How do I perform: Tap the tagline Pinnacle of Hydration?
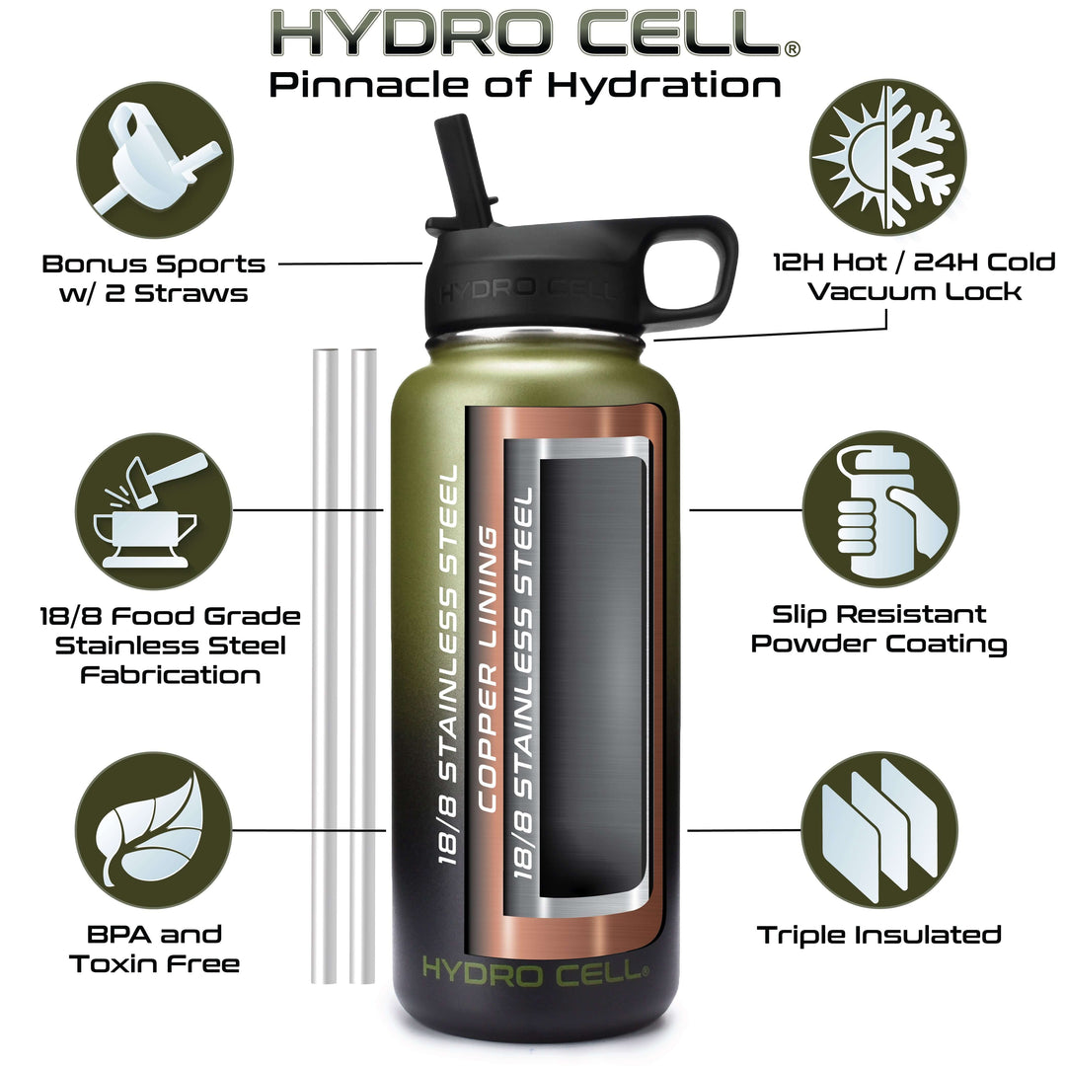point(525,86)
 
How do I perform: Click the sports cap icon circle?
point(155,160)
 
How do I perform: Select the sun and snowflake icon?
point(888,158)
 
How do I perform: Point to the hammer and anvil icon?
point(154,511)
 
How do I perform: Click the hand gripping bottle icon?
point(881,509)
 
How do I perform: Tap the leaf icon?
point(154,830)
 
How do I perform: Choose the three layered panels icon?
point(879,830)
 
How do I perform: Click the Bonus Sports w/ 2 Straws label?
point(154,278)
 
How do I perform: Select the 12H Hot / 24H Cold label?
point(914,262)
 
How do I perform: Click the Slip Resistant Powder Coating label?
point(878,630)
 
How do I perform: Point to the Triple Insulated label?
point(879,935)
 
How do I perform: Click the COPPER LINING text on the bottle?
point(489,669)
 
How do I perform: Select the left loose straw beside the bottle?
point(325,666)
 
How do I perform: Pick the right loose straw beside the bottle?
point(363,666)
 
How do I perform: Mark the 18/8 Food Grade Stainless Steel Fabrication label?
point(170,646)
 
